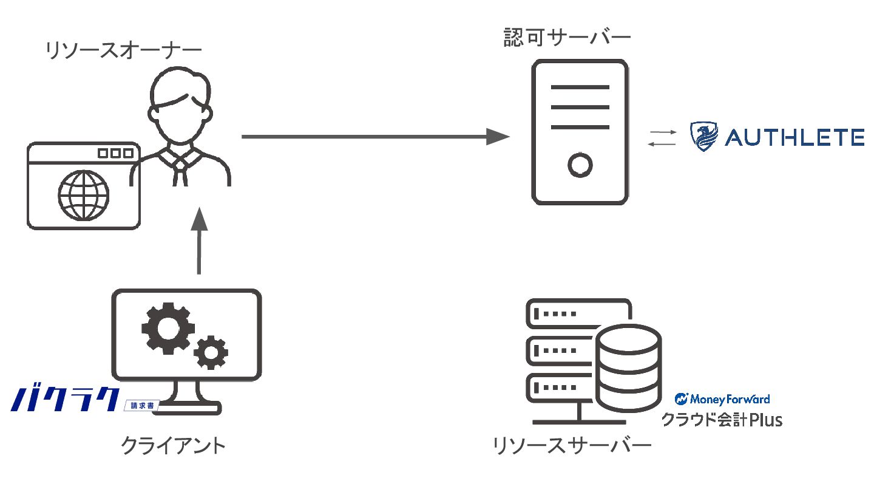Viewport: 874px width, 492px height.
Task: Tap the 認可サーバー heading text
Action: [x=567, y=38]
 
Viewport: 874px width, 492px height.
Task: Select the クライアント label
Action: [x=173, y=446]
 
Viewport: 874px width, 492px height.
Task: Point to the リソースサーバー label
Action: [x=572, y=446]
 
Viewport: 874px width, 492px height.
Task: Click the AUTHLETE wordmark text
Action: [x=794, y=137]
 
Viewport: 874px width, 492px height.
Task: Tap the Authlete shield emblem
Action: [x=704, y=136]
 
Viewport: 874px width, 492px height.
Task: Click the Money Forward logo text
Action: [x=722, y=399]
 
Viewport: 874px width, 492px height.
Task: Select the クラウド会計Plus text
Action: [x=722, y=420]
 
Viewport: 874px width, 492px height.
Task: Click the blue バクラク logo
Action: [x=65, y=399]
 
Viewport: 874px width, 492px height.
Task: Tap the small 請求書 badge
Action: [x=142, y=406]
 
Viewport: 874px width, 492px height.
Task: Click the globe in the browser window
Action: [x=84, y=195]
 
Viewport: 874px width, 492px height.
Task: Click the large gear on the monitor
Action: [x=168, y=329]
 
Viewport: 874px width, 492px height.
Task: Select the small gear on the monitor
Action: [x=211, y=352]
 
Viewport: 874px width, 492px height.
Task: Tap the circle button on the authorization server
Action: [x=580, y=165]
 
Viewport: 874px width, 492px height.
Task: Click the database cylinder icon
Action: [x=628, y=369]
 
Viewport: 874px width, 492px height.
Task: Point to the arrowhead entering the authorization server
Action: [x=498, y=137]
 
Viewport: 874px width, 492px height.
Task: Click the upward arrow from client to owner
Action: [x=199, y=241]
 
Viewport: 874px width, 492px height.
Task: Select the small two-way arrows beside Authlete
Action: [x=662, y=138]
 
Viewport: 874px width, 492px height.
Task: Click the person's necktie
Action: [x=180, y=172]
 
